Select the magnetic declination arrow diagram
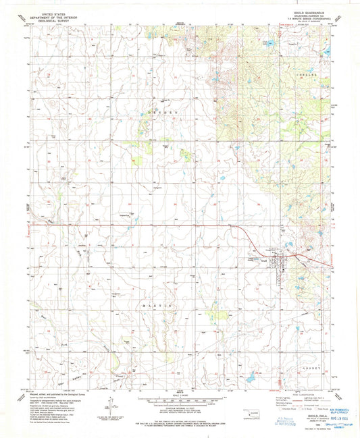108,403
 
